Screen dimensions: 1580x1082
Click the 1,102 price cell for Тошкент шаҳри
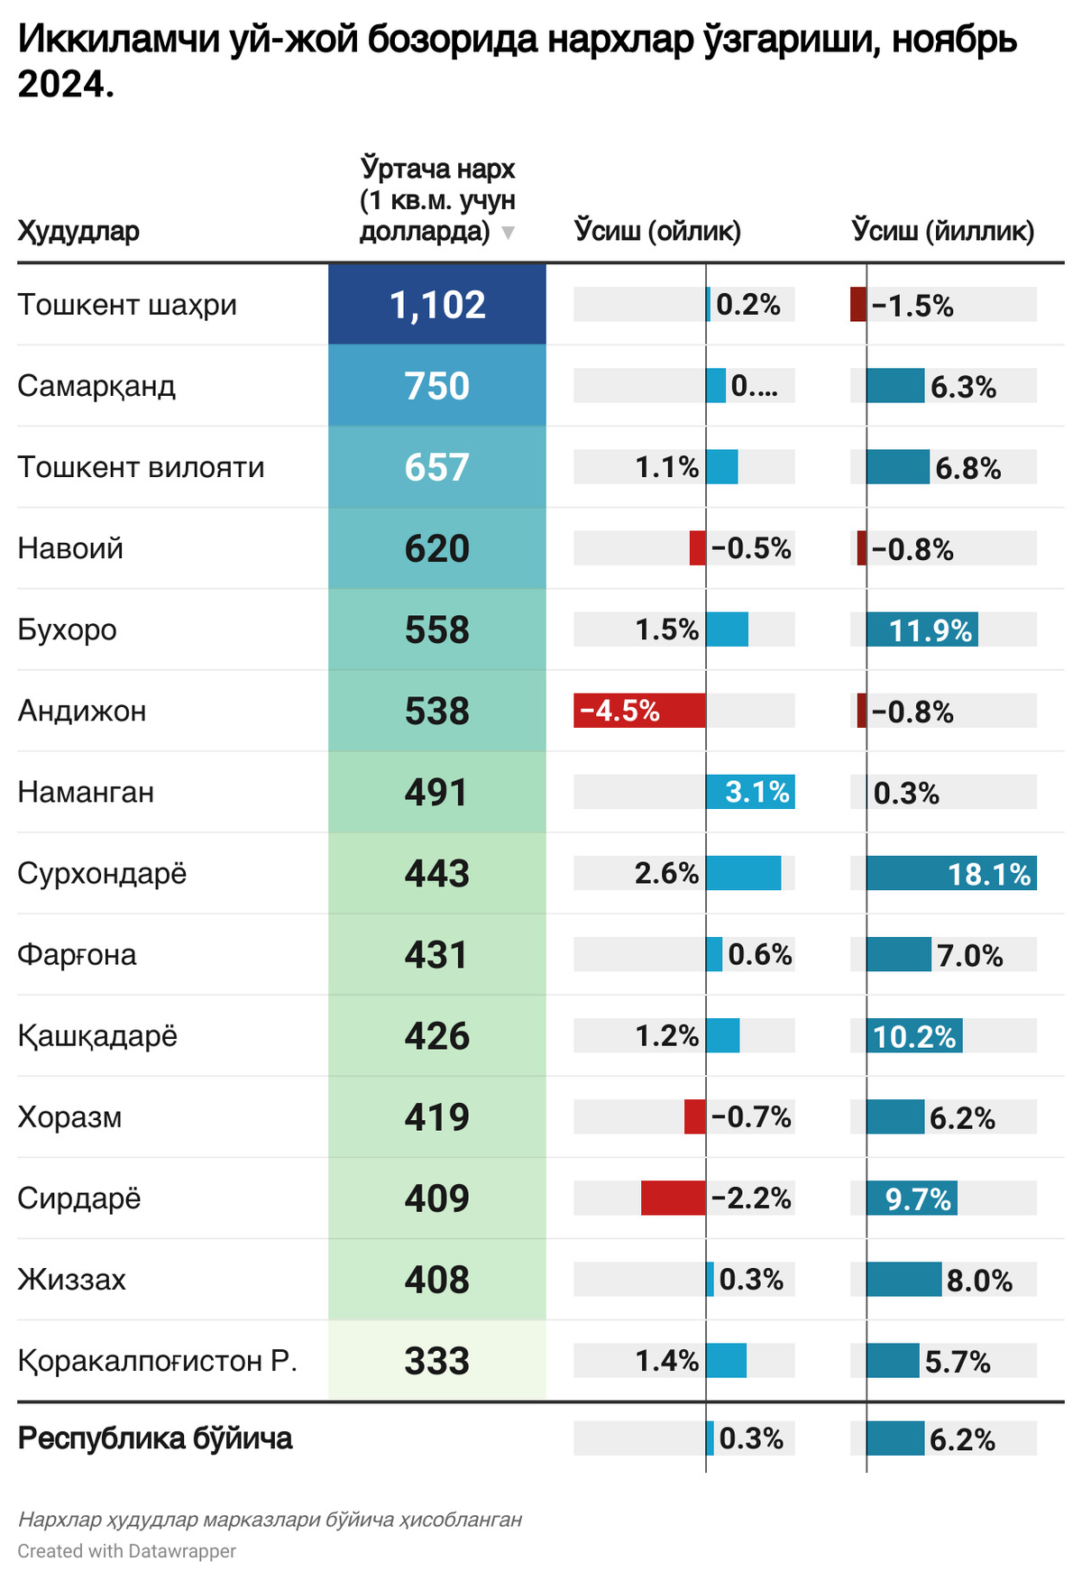[x=437, y=305]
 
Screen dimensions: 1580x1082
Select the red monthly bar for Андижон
[x=639, y=711]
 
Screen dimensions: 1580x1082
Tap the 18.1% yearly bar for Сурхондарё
[x=951, y=873]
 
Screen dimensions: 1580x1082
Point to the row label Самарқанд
[x=96, y=386]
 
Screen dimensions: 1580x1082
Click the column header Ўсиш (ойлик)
[x=657, y=231]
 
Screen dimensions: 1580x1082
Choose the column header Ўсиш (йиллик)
[x=942, y=231]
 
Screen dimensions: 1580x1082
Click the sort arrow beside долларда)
[x=508, y=233]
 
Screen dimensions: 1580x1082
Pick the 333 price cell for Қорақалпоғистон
[x=437, y=1361]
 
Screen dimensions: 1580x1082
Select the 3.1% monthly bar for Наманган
[x=750, y=792]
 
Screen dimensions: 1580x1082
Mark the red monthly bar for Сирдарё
[x=673, y=1198]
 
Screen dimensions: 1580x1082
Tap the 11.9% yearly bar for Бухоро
[x=922, y=629]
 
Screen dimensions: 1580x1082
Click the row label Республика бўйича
[x=155, y=1438]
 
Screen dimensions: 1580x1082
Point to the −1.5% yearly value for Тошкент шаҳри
[x=912, y=306]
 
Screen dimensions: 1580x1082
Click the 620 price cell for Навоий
[x=437, y=548]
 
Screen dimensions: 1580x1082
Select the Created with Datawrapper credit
[x=126, y=1551]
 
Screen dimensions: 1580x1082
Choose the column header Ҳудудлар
[x=78, y=231]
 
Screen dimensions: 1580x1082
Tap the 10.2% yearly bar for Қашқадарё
[x=914, y=1035]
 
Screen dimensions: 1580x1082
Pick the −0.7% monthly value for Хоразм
[x=751, y=1117]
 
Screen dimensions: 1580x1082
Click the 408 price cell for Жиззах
[x=437, y=1280]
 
